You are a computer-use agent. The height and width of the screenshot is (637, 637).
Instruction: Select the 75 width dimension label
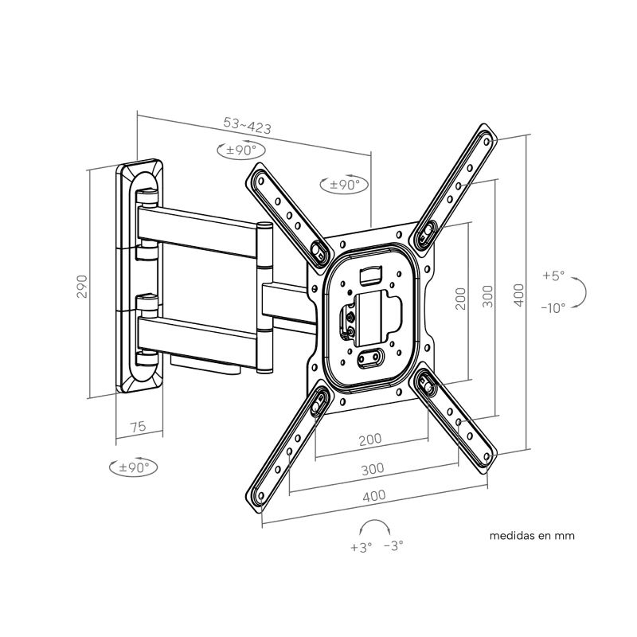tap(137, 427)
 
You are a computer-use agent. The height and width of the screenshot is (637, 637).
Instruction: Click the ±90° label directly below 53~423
tap(238, 150)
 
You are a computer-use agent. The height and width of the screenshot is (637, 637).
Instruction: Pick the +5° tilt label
tap(553, 276)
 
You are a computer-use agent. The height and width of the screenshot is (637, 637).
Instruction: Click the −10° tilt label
tap(552, 307)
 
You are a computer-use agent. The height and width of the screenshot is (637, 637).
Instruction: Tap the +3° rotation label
tap(361, 547)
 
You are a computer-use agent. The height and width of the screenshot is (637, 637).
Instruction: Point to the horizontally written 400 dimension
tap(374, 495)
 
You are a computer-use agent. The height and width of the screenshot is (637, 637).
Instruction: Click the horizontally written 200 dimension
tap(369, 439)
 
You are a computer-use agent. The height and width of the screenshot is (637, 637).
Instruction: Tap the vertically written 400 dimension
tap(519, 295)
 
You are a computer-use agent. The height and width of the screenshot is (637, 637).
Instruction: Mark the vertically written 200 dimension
tap(460, 298)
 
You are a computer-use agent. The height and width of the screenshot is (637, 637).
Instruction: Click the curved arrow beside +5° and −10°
tap(582, 291)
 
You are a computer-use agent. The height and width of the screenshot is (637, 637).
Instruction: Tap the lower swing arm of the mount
tap(203, 334)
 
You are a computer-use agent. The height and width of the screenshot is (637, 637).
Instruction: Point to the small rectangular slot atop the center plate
tap(371, 275)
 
